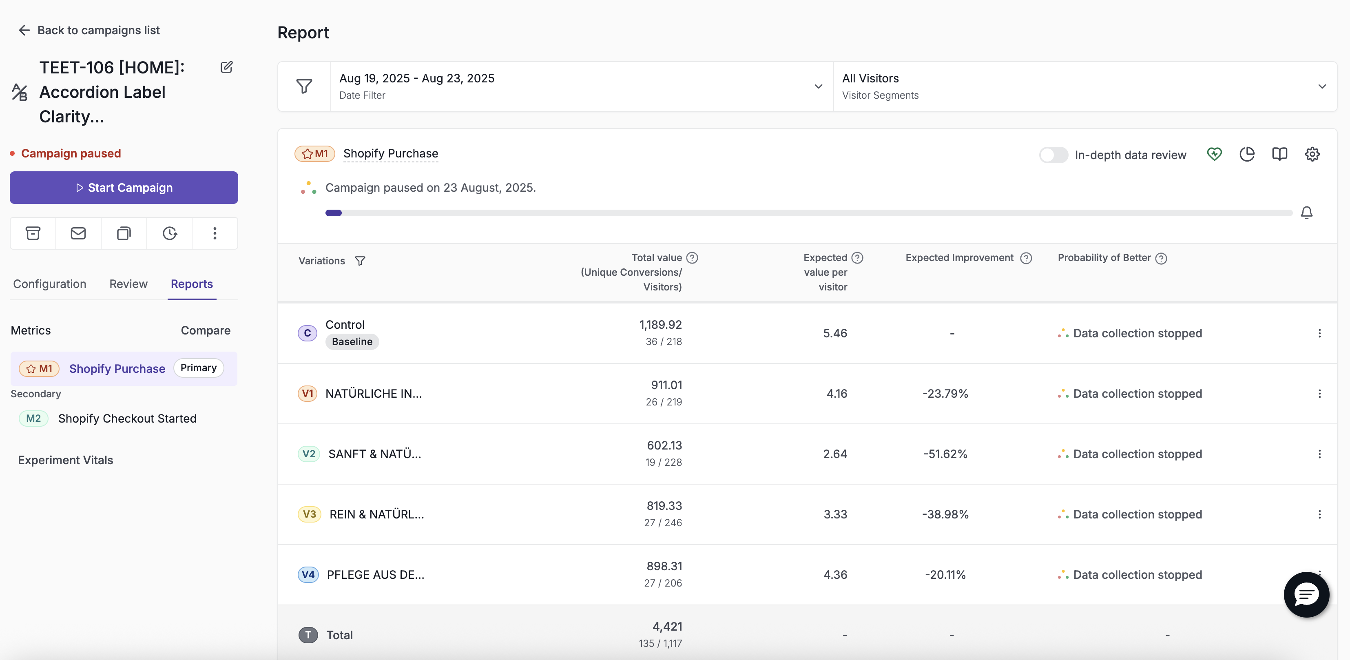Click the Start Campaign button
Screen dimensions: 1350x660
pyautogui.click(x=124, y=188)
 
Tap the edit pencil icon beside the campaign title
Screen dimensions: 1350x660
pyautogui.click(x=226, y=67)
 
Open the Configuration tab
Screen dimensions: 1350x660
pyautogui.click(x=50, y=284)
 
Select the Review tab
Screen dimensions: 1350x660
pyautogui.click(x=128, y=284)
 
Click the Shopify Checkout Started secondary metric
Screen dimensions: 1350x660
pyautogui.click(x=127, y=419)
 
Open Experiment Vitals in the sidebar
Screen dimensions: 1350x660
pyautogui.click(x=66, y=460)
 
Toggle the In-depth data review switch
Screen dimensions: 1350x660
pyautogui.click(x=1053, y=155)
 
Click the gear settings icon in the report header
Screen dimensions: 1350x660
pyautogui.click(x=1312, y=154)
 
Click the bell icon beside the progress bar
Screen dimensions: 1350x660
pyautogui.click(x=1306, y=212)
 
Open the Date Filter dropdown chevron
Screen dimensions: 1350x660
pyautogui.click(x=818, y=86)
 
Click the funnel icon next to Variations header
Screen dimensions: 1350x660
pyautogui.click(x=360, y=261)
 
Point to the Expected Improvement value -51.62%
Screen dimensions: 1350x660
pyautogui.click(x=945, y=454)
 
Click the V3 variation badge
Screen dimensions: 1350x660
pyautogui.click(x=309, y=514)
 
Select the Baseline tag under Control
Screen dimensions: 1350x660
pyautogui.click(x=352, y=342)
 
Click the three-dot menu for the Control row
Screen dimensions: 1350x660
pyautogui.click(x=1319, y=333)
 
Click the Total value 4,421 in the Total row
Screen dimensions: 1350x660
pyautogui.click(x=667, y=627)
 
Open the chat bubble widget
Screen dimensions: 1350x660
pyautogui.click(x=1306, y=594)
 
